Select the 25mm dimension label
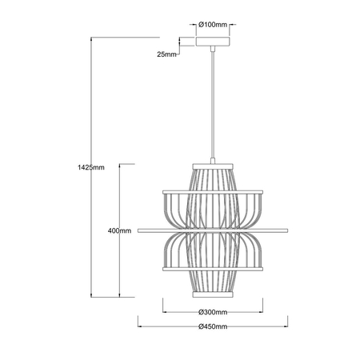(x=166, y=55)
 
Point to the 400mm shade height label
(x=119, y=230)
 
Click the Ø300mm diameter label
(x=213, y=311)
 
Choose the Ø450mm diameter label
(x=213, y=326)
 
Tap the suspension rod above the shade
(x=213, y=104)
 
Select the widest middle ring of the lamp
(x=213, y=230)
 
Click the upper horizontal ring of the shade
(x=213, y=192)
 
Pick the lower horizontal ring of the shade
(x=213, y=270)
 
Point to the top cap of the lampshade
(x=213, y=166)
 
